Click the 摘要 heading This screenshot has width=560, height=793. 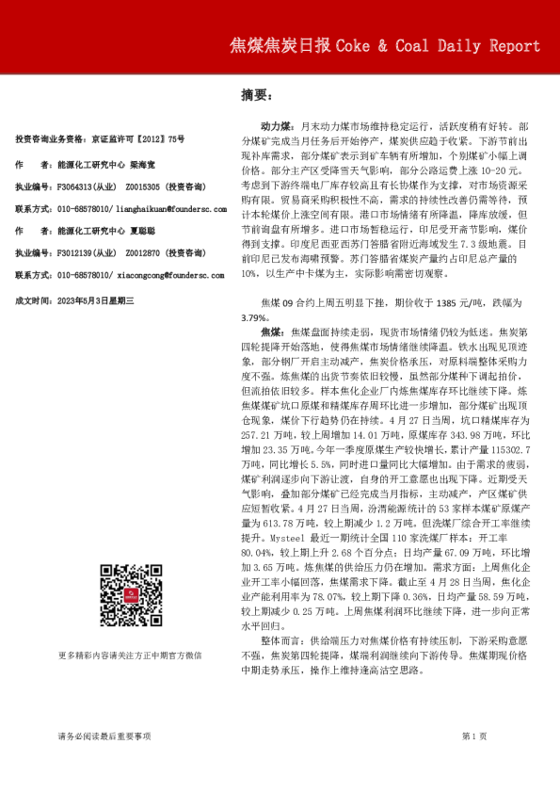[256, 95]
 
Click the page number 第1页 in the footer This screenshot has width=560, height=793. [473, 736]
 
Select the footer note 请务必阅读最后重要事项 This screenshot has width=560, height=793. [104, 736]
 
